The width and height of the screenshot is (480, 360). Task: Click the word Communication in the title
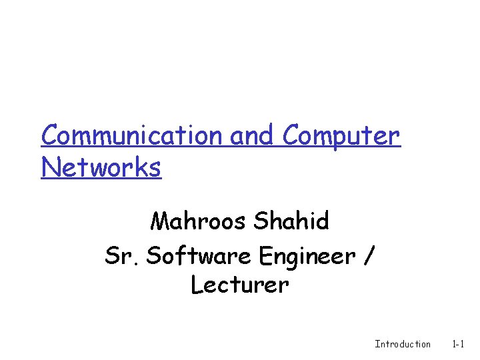click(x=133, y=135)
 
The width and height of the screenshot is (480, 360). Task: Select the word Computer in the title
click(x=341, y=137)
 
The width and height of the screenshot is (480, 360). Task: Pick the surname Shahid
click(x=291, y=221)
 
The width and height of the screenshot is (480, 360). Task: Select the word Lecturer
click(x=240, y=285)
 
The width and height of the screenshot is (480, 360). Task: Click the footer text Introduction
click(x=403, y=344)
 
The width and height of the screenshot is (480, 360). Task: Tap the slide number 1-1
click(x=458, y=344)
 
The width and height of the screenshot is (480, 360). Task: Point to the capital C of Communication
click(x=49, y=135)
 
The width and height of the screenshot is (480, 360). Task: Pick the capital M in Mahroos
click(x=161, y=221)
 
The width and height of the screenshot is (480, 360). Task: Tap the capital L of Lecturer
click(x=197, y=285)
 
